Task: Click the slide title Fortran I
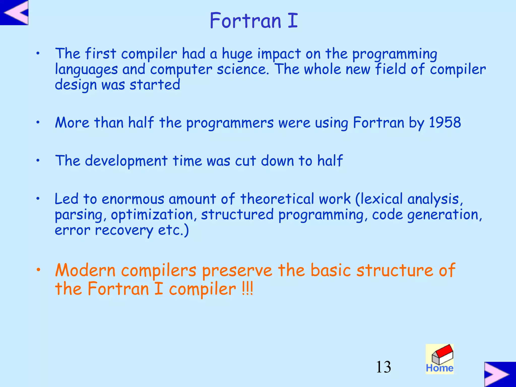(254, 21)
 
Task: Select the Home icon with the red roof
(440, 359)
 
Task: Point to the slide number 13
(383, 367)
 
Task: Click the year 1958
(445, 123)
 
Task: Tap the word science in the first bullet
(243, 69)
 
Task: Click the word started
(155, 85)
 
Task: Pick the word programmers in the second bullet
(230, 123)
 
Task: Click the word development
(126, 161)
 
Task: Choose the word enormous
(133, 199)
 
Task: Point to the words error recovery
(104, 230)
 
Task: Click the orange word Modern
(85, 270)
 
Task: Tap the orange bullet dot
(38, 270)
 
